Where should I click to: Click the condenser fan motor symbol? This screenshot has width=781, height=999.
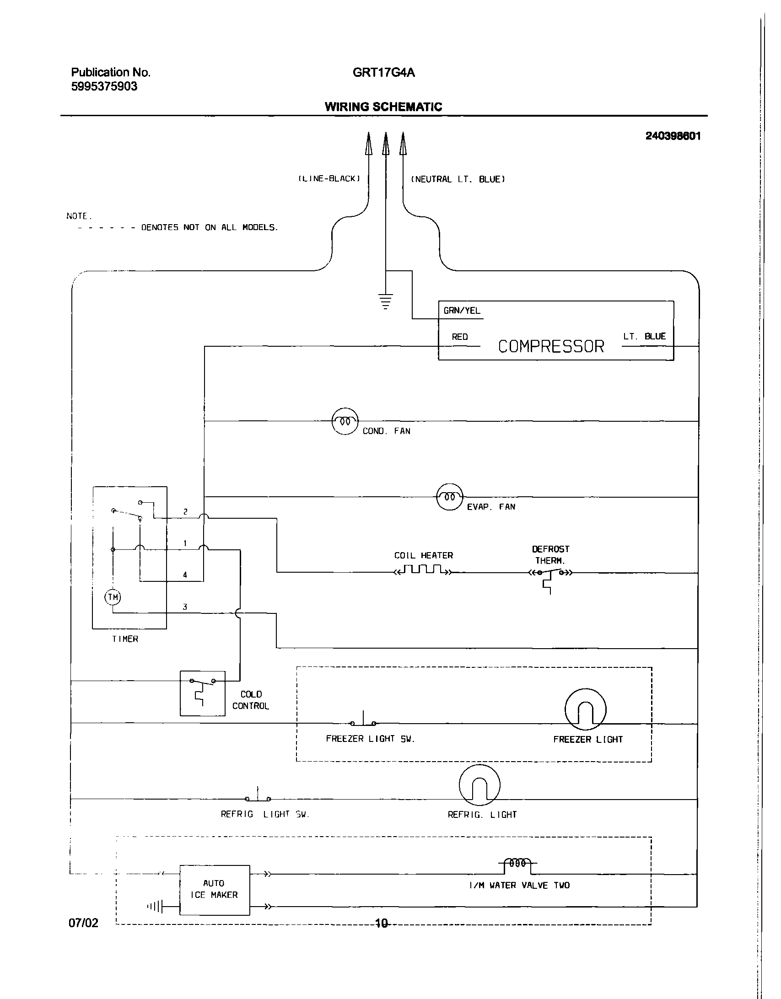coord(345,421)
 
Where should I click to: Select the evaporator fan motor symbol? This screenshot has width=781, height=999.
coord(450,496)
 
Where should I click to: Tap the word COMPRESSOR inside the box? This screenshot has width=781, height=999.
coord(551,346)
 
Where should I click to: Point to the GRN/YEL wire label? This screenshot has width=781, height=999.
coord(462,311)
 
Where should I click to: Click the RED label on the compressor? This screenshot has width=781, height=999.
coord(460,337)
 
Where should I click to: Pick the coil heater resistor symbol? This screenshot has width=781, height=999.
coord(423,570)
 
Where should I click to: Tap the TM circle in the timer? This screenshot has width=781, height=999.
coord(113,597)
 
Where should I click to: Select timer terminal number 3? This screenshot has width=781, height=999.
coord(185,607)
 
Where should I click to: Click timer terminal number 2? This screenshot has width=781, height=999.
coord(185,512)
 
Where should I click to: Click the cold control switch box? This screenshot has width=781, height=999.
coord(202,693)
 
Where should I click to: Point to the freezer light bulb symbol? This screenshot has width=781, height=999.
coord(585,709)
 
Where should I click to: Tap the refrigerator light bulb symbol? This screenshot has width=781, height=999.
coord(479,785)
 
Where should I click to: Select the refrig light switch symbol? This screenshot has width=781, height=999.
coord(258,796)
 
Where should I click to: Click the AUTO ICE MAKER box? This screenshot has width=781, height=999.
coord(215,890)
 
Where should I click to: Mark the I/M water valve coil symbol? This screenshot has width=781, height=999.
coord(517,864)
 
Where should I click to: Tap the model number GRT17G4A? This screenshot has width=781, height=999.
coord(383,73)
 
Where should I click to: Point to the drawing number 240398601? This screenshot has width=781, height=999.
coord(673,136)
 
